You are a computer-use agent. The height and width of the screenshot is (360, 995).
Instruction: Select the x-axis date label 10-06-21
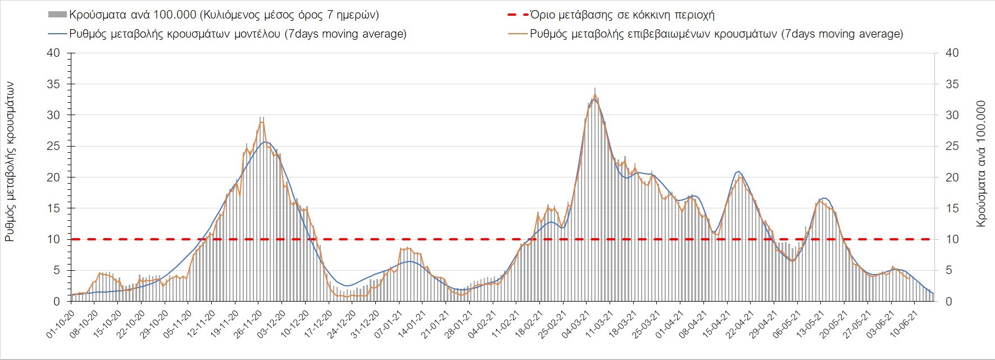[905, 323]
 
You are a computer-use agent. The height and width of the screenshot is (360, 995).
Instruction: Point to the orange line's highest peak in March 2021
[595, 94]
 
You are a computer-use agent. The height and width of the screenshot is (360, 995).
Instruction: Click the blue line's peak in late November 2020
[266, 142]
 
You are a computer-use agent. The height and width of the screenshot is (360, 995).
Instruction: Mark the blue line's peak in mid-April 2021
[738, 171]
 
